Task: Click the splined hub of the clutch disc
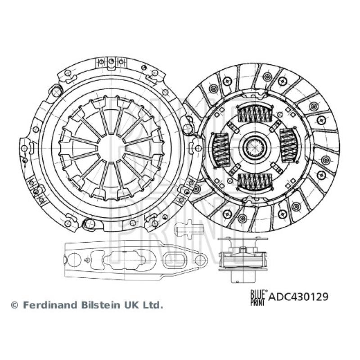click(x=254, y=147)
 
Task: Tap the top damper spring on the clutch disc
click(x=254, y=114)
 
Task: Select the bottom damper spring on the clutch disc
click(x=254, y=180)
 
